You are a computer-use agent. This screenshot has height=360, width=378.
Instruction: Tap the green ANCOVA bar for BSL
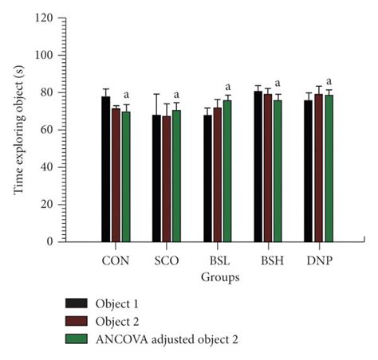click(227, 170)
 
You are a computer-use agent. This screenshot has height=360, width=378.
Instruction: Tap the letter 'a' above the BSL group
click(227, 86)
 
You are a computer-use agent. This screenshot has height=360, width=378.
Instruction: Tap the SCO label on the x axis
click(166, 260)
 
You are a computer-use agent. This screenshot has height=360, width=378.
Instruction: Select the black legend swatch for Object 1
click(77, 303)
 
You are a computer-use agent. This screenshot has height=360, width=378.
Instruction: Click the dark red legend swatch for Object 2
click(77, 321)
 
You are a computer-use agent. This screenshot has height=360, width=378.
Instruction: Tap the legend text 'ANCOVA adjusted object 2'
click(166, 339)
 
